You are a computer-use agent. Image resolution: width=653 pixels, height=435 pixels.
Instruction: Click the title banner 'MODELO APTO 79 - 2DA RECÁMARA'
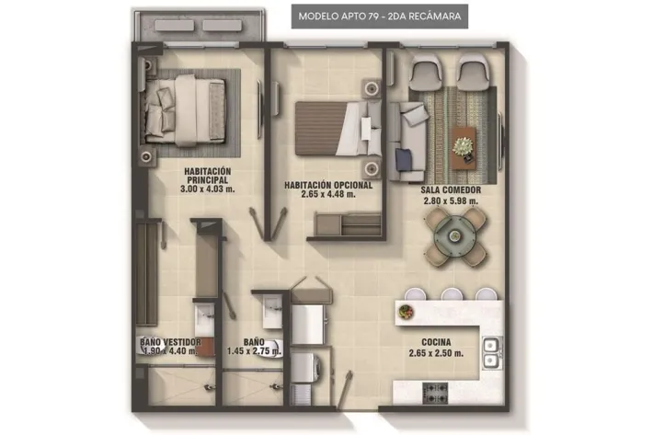(x=380, y=17)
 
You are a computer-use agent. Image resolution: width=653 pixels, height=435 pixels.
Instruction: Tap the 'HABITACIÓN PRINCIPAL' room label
(x=207, y=176)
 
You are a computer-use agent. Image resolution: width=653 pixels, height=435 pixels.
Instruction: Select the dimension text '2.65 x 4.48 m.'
(x=328, y=194)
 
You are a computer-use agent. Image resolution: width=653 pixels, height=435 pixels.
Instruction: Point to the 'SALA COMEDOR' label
(x=451, y=190)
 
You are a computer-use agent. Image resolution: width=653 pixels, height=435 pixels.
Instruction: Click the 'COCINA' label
(x=436, y=342)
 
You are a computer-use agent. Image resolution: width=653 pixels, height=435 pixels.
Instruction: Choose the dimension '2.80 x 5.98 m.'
(x=451, y=201)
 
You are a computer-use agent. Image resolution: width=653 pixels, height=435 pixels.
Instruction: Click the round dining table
(x=454, y=236)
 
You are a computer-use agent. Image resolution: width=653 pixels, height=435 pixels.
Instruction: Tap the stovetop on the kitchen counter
(x=435, y=393)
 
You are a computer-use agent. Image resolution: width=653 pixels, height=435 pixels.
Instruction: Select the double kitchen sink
(x=491, y=352)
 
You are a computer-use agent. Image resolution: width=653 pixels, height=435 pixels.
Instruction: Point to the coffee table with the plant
(x=464, y=148)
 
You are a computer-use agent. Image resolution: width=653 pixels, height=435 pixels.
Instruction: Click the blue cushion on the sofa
(x=404, y=160)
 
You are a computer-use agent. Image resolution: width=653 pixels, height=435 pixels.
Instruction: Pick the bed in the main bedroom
(x=185, y=110)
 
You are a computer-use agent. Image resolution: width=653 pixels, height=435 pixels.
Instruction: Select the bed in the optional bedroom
(x=338, y=129)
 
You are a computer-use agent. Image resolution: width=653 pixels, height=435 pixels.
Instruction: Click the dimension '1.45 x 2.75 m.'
(x=254, y=351)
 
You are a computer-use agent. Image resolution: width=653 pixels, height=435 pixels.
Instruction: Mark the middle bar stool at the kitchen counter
(x=451, y=294)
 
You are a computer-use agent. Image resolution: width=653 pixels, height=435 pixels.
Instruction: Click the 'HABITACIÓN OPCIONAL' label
(x=328, y=185)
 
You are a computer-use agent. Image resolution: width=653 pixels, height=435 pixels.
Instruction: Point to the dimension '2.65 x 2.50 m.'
(x=436, y=353)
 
